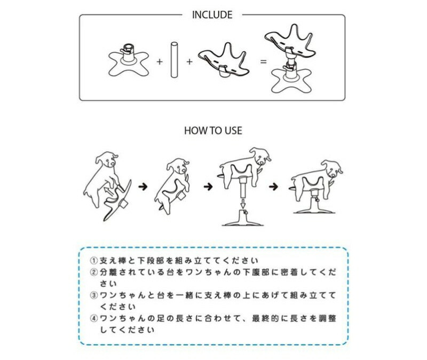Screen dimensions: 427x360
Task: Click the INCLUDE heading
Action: coord(212,15)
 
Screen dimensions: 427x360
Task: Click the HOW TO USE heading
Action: coord(213,130)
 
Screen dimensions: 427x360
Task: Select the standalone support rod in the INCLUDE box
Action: coord(175,60)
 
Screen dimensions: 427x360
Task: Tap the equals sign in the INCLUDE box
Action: coord(263,61)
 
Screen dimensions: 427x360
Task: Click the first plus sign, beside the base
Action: coord(160,61)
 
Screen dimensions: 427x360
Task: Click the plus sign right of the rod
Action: coord(189,61)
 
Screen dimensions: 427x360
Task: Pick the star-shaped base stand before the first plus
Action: coord(129,60)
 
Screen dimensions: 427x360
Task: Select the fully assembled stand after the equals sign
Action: coord(291,59)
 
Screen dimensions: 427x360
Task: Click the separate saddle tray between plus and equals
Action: coord(224,60)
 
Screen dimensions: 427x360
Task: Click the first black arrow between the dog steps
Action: coord(143,187)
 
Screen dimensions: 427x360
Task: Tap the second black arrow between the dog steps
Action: coord(208,187)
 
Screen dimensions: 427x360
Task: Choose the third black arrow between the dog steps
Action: coord(273,187)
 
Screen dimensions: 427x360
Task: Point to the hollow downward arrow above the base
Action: coord(243,202)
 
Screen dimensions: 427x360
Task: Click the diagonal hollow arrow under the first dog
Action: coord(109,192)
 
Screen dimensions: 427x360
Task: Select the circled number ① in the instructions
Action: coord(94,261)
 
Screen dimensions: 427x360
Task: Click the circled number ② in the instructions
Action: coord(94,272)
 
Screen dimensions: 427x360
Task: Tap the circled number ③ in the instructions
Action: coord(94,295)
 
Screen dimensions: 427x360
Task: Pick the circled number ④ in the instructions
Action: coord(94,318)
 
